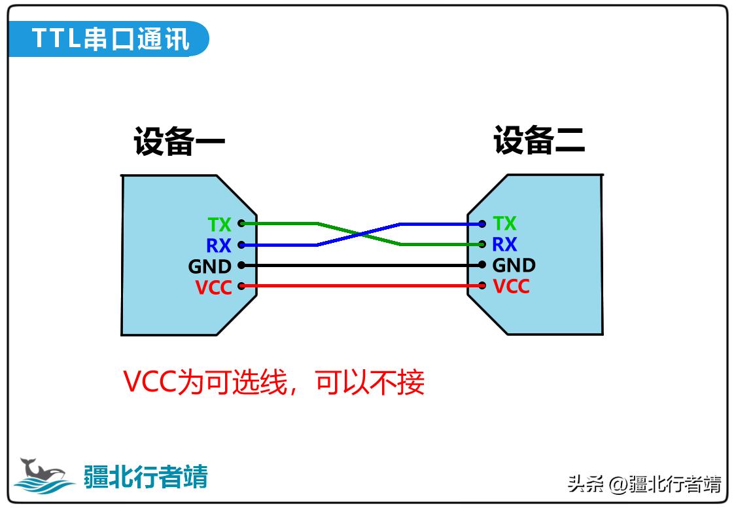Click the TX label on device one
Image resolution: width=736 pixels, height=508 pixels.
(220, 225)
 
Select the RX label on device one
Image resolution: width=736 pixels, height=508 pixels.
(219, 245)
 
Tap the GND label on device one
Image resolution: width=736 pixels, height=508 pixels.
(209, 266)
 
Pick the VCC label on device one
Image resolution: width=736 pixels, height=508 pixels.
(213, 287)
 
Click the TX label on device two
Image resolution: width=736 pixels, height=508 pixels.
(504, 223)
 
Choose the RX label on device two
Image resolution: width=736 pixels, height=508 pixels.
(504, 244)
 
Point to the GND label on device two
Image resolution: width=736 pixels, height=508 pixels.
(514, 265)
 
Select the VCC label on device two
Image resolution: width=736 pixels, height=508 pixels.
(511, 286)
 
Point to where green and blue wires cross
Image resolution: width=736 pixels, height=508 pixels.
(359, 234)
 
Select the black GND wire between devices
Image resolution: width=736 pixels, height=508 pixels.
(360, 265)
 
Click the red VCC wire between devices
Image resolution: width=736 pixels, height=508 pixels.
(360, 286)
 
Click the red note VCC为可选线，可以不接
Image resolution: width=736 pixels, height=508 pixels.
(274, 382)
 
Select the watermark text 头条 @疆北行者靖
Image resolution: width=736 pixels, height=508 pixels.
(644, 484)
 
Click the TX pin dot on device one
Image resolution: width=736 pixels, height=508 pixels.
(241, 223)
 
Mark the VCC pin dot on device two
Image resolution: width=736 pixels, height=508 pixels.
(482, 285)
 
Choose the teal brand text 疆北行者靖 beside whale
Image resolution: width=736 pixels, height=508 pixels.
(145, 477)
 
